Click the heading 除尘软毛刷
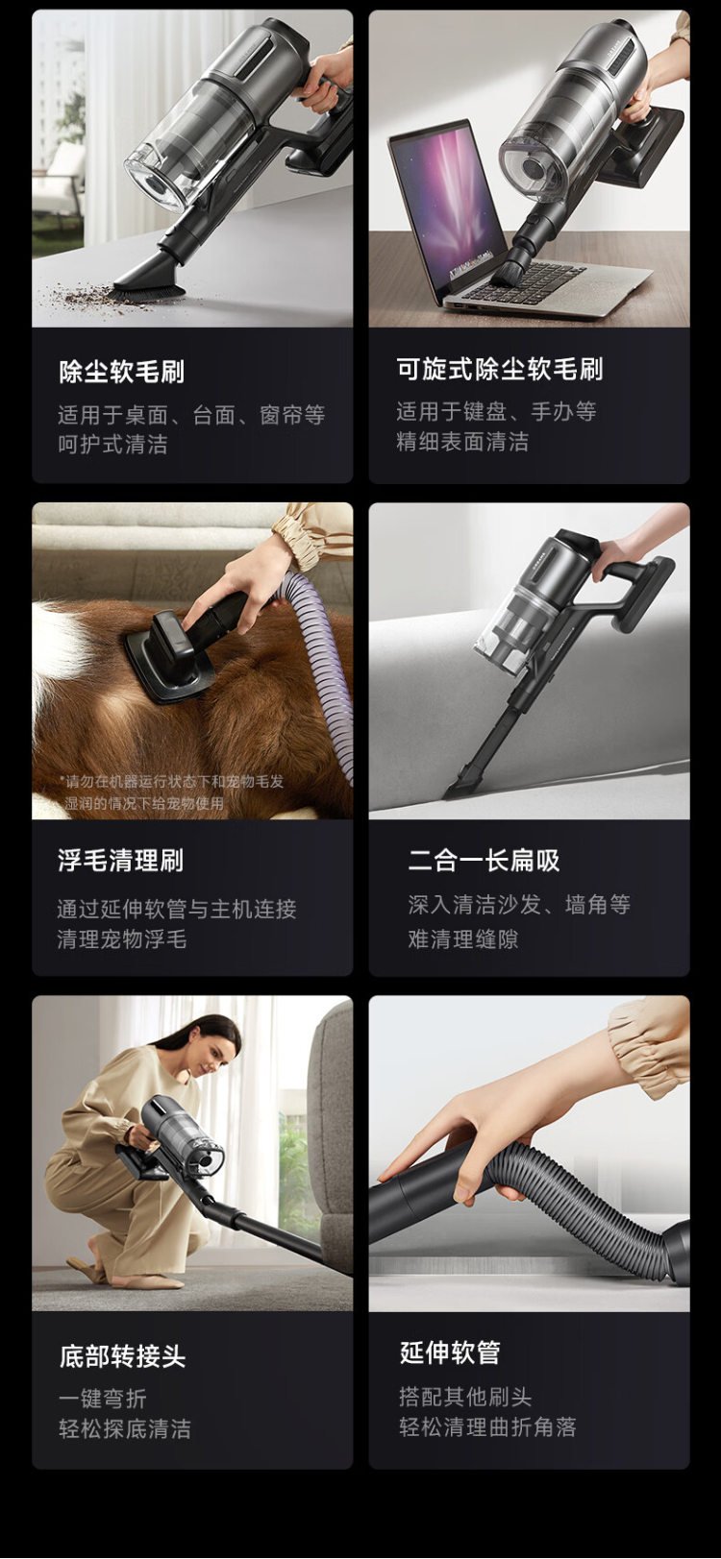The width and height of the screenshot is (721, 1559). point(122,372)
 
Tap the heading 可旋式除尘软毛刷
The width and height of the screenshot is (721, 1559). point(500,369)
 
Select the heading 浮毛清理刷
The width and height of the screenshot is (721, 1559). point(121,861)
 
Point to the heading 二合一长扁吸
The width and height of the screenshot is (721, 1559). point(485,861)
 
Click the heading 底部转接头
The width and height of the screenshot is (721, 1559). point(123,1355)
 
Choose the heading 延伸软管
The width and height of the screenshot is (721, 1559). point(450,1352)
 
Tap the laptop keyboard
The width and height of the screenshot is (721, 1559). point(535,280)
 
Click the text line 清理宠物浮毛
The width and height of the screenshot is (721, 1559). point(122,939)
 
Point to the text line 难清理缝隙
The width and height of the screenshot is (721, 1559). point(463,939)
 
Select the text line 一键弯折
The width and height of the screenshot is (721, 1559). point(103,1399)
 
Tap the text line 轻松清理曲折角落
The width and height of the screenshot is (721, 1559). point(487,1427)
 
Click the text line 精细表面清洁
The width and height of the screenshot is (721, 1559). point(462,441)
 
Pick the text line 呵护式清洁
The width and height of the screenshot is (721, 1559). point(112,444)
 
